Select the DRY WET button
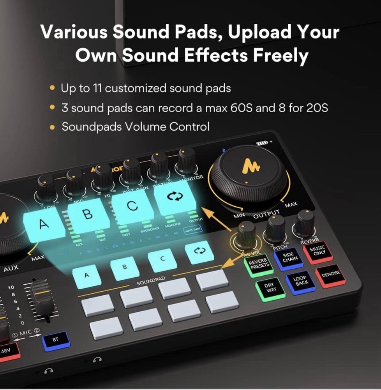pos(270,288)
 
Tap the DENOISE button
pos(330,275)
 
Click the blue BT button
pos(56,340)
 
